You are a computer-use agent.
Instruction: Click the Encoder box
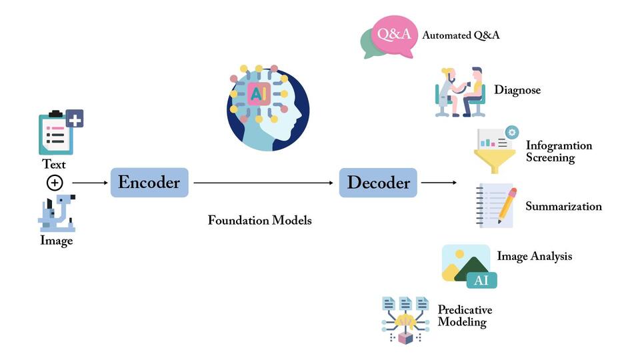(149, 182)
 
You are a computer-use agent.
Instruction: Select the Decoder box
(378, 182)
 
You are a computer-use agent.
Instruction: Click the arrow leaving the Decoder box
(439, 182)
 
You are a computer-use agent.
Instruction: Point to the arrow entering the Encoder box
(89, 182)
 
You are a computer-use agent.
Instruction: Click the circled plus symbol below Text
(54, 182)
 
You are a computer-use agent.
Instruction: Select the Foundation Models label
(259, 220)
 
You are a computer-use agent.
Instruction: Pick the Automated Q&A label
(460, 35)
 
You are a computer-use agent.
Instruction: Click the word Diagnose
(517, 90)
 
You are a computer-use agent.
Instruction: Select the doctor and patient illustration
(460, 92)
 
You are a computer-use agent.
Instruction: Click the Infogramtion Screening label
(559, 152)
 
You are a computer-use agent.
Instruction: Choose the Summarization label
(563, 207)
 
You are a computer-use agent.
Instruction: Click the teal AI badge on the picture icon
(481, 280)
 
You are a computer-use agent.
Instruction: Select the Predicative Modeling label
(465, 316)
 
